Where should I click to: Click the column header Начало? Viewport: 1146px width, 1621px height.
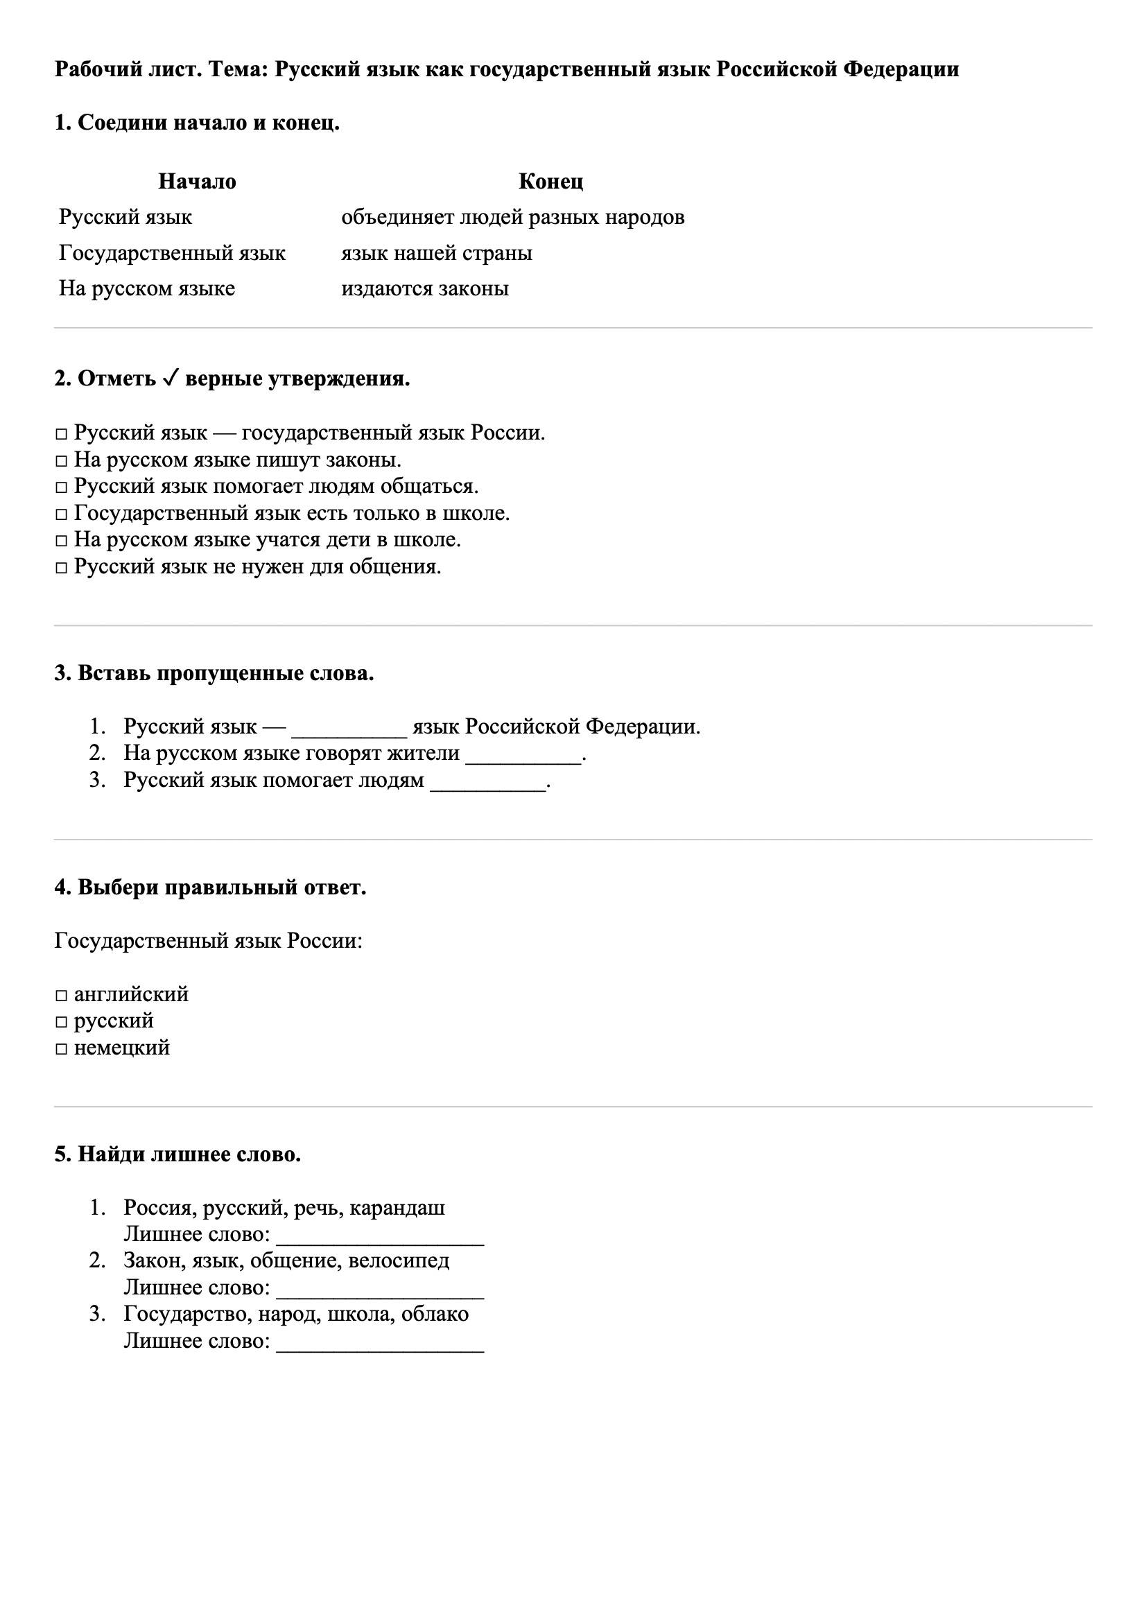pyautogui.click(x=196, y=182)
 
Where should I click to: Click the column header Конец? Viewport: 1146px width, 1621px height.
pyautogui.click(x=550, y=182)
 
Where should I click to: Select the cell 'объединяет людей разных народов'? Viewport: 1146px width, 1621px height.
pyautogui.click(x=512, y=217)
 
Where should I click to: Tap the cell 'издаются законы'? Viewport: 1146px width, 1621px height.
pyautogui.click(x=424, y=288)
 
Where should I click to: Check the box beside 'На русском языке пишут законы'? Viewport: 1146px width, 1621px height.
pyautogui.click(x=62, y=461)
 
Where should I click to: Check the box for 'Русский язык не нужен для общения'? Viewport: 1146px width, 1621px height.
pyautogui.click(x=62, y=568)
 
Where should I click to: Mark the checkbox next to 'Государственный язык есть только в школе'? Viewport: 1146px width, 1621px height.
pyautogui.click(x=62, y=514)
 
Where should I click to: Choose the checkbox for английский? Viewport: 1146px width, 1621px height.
pyautogui.click(x=62, y=996)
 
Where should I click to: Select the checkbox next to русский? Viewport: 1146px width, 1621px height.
pyautogui.click(x=62, y=1022)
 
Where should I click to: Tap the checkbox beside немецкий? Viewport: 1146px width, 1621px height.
pyautogui.click(x=62, y=1049)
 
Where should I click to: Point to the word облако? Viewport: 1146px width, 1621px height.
pyautogui.click(x=438, y=1314)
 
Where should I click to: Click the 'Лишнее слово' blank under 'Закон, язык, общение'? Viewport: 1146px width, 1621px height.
pyautogui.click(x=380, y=1290)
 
